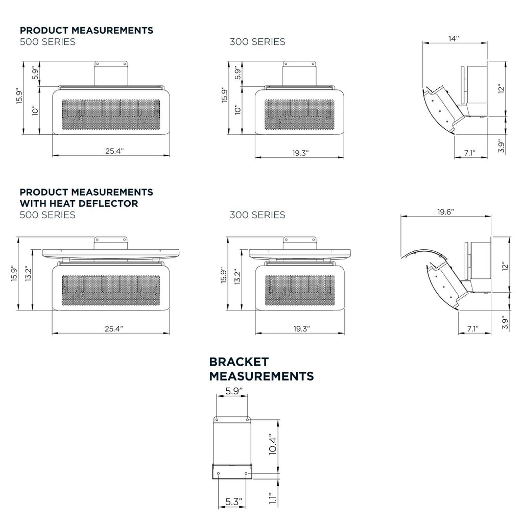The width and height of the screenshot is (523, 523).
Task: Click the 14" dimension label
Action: click(x=454, y=39)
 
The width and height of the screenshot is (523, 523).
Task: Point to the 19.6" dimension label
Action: click(x=445, y=212)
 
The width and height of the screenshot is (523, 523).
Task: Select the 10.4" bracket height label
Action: click(x=273, y=444)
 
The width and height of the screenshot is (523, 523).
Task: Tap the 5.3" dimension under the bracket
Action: click(x=233, y=502)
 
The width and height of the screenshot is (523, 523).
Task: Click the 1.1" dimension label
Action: click(x=273, y=498)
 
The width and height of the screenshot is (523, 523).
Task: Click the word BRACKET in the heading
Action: click(x=239, y=362)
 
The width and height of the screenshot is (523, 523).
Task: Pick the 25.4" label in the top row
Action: click(x=114, y=151)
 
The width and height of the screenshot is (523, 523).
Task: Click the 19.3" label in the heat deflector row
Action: click(x=301, y=329)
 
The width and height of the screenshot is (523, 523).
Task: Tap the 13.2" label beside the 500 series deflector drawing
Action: click(x=28, y=274)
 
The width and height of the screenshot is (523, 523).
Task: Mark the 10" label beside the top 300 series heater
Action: click(x=237, y=110)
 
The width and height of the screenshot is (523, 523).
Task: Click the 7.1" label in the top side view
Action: click(x=470, y=153)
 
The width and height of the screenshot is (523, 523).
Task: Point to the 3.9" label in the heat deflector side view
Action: click(x=505, y=323)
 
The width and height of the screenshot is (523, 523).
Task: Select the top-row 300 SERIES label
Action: click(x=257, y=42)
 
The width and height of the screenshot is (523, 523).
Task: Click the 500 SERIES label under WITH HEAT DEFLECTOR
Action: click(x=47, y=215)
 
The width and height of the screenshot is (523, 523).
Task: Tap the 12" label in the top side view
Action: click(x=502, y=89)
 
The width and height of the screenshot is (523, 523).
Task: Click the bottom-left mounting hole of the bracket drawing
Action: click(x=219, y=473)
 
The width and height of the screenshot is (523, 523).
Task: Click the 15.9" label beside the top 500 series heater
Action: click(x=19, y=97)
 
